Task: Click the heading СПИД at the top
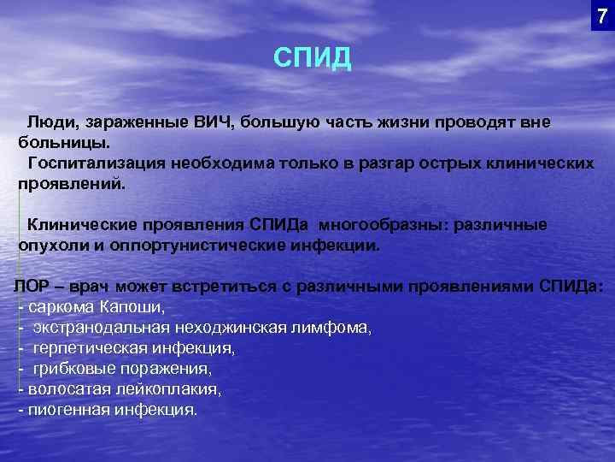pyautogui.click(x=312, y=58)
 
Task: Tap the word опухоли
pyautogui.click(x=50, y=245)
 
